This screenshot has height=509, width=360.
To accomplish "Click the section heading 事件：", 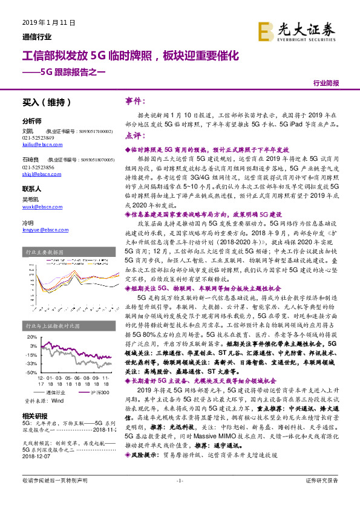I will [136, 101].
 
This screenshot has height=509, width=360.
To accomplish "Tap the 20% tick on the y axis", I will [32, 337].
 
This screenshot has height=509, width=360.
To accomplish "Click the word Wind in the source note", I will [57, 401].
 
